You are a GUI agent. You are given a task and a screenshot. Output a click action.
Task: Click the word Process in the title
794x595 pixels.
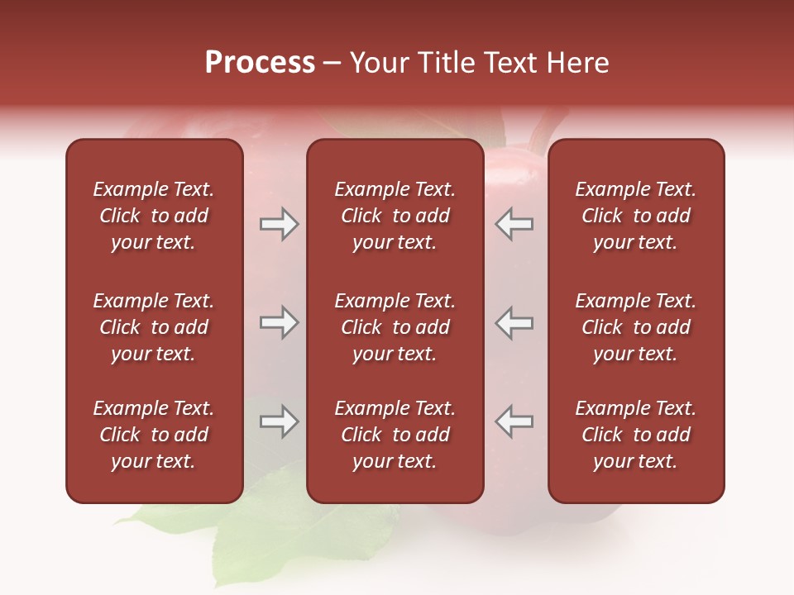[x=260, y=63]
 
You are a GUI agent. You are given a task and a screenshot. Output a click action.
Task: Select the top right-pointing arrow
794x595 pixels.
[x=279, y=224]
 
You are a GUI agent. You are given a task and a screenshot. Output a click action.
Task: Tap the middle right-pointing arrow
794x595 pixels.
[x=279, y=322]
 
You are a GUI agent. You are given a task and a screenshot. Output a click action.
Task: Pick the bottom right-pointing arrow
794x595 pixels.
[x=279, y=421]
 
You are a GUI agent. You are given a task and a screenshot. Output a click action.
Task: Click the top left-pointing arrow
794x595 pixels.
[x=514, y=224]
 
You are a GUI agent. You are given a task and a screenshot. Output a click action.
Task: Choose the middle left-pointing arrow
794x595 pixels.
[x=514, y=322]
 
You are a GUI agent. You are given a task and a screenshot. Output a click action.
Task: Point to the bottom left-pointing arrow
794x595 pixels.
[x=514, y=421]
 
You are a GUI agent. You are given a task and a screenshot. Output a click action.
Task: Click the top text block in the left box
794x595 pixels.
[x=154, y=216]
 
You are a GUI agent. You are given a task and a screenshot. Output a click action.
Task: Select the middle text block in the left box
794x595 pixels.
[x=154, y=327]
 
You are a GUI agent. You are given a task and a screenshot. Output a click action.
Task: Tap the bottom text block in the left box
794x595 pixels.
[x=154, y=435]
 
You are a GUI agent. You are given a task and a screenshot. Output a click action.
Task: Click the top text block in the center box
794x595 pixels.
[x=395, y=216]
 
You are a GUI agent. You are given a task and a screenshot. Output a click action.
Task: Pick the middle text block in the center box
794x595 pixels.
[x=395, y=327]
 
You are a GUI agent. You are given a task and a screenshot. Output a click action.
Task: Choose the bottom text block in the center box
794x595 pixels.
[x=395, y=435]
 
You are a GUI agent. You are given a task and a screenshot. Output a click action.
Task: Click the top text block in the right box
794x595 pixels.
[x=635, y=216]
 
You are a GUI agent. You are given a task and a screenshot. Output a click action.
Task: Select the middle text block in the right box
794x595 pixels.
[x=635, y=327]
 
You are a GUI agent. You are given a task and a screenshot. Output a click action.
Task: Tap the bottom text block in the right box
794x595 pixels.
[x=635, y=435]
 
